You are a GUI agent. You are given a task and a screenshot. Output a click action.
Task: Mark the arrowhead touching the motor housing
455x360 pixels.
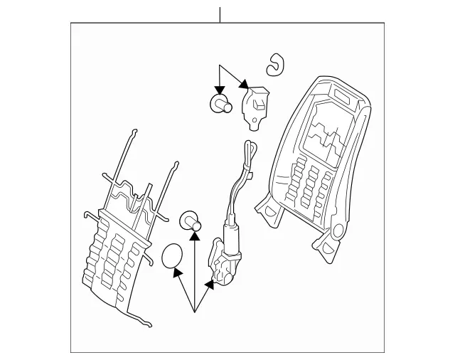(208, 285)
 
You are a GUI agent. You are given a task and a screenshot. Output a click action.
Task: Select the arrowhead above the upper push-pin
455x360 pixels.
(220, 91)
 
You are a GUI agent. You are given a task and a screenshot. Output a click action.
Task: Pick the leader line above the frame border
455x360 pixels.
(220, 14)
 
